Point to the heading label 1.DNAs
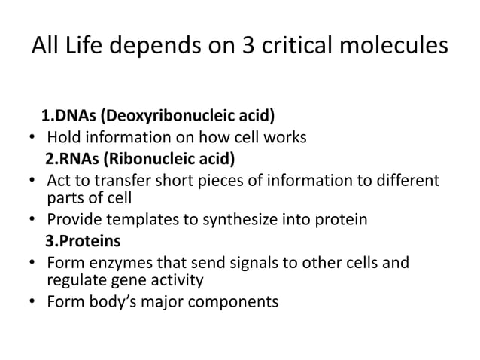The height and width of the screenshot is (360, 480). pyautogui.click(x=68, y=116)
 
